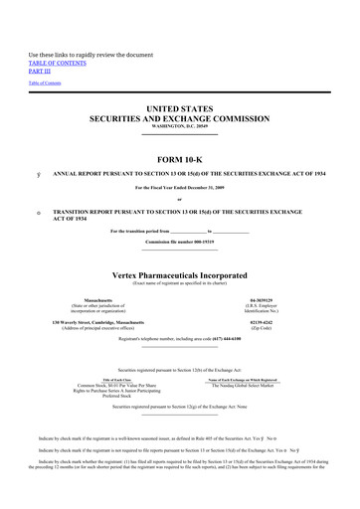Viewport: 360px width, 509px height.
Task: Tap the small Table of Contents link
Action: [x=44, y=83]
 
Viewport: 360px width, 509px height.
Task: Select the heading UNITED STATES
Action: [x=180, y=106]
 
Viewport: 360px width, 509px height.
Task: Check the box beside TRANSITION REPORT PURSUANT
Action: [x=36, y=212]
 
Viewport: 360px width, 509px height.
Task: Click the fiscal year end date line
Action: [x=180, y=187]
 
